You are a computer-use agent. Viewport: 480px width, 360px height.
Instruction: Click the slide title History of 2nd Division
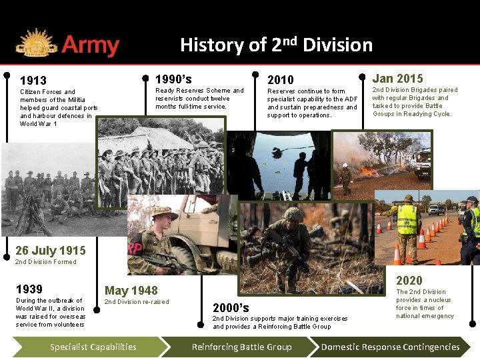pyautogui.click(x=276, y=45)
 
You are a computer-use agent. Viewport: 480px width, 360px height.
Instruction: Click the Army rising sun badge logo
pyautogui.click(x=36, y=45)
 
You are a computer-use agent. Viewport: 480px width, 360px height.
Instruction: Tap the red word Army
pyautogui.click(x=90, y=46)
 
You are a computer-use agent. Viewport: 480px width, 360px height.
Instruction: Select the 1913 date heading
pyautogui.click(x=33, y=80)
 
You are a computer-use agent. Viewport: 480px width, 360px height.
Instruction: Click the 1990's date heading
pyautogui.click(x=173, y=79)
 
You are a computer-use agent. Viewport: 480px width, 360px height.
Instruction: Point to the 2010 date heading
pyautogui.click(x=280, y=79)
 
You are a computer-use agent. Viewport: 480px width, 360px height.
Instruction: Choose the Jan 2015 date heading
pyautogui.click(x=397, y=78)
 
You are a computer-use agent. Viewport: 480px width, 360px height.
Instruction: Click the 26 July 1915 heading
pyautogui.click(x=51, y=251)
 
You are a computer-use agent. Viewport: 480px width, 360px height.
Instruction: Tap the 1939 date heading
pyautogui.click(x=29, y=289)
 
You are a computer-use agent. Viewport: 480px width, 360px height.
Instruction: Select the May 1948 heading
pyautogui.click(x=131, y=290)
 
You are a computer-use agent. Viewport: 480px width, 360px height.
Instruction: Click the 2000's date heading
pyautogui.click(x=231, y=307)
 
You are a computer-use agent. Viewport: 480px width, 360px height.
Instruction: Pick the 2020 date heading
pyautogui.click(x=409, y=281)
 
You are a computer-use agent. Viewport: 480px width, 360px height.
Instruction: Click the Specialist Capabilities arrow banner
pyautogui.click(x=93, y=347)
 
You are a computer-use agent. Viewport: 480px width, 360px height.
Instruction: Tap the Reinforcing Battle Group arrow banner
pyautogui.click(x=241, y=347)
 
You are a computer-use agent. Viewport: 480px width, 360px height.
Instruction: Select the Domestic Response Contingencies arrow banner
pyautogui.click(x=391, y=347)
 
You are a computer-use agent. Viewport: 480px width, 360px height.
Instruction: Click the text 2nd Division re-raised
pyautogui.click(x=137, y=302)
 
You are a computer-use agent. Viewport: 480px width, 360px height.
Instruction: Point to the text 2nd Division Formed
pyautogui.click(x=45, y=262)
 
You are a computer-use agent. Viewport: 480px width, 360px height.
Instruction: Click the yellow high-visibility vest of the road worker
pyautogui.click(x=407, y=219)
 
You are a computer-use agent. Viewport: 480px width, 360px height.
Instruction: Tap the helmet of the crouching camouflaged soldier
pyautogui.click(x=293, y=215)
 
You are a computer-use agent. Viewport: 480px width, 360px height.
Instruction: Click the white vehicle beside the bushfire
pyautogui.click(x=423, y=162)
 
